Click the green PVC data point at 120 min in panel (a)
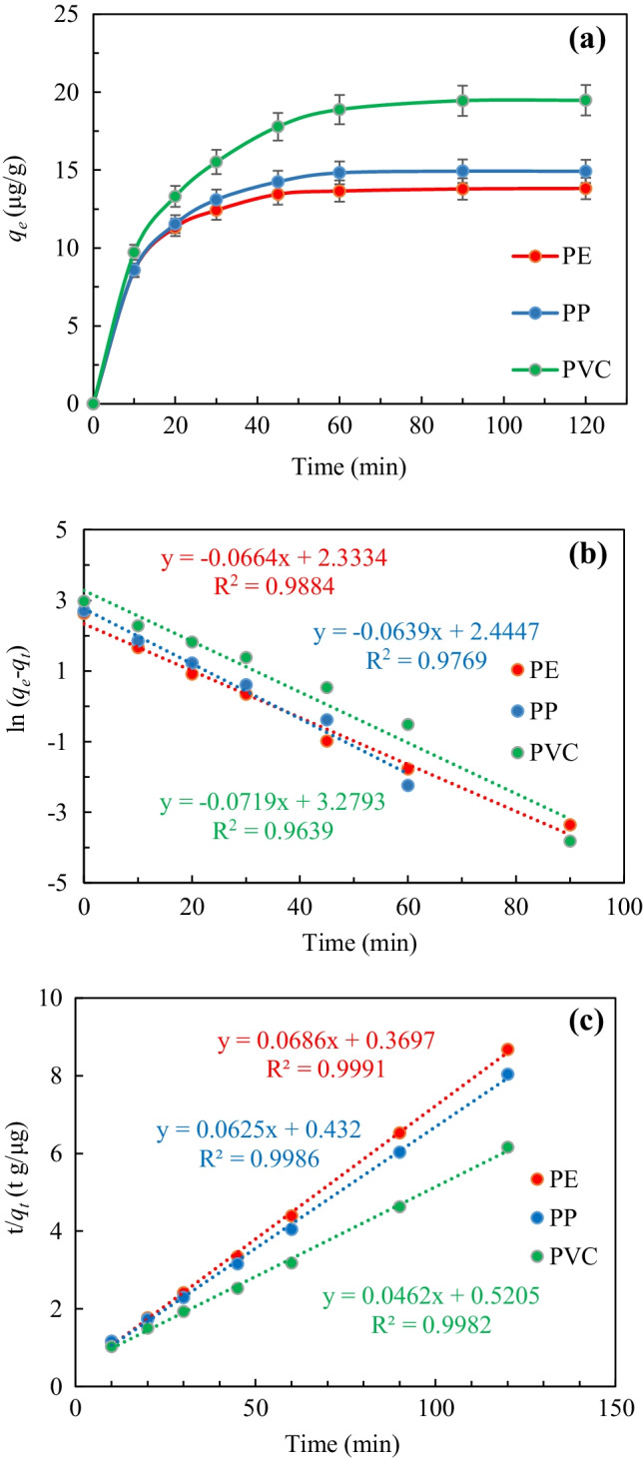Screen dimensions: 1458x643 pyautogui.click(x=586, y=100)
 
